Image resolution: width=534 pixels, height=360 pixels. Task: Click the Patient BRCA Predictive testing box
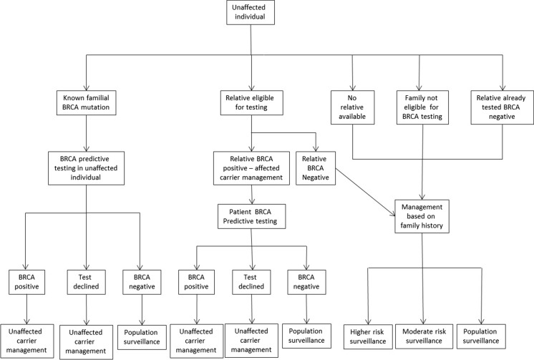pos(251,215)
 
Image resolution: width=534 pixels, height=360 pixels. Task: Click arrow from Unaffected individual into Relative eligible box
pos(251,72)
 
